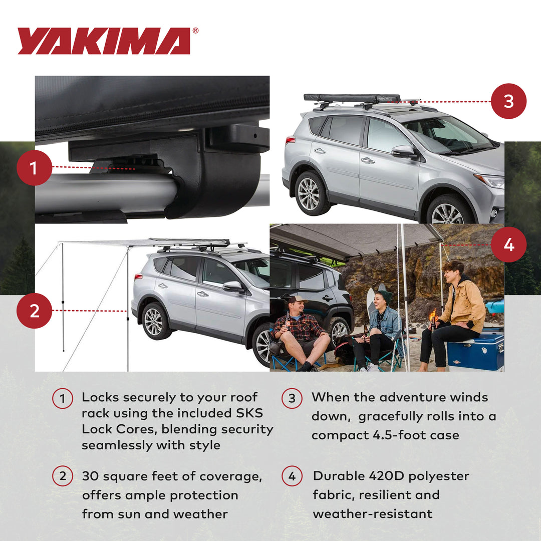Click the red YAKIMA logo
(x=104, y=41)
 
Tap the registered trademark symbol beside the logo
(x=195, y=31)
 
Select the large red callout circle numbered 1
(x=34, y=168)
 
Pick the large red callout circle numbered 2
(x=34, y=311)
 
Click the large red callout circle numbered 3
(x=508, y=101)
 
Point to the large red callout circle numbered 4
(x=508, y=245)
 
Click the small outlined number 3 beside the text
(x=292, y=399)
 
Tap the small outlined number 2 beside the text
(x=62, y=476)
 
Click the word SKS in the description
(x=249, y=414)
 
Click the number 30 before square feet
(x=91, y=476)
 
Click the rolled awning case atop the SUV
(x=352, y=98)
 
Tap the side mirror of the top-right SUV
(x=404, y=152)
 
